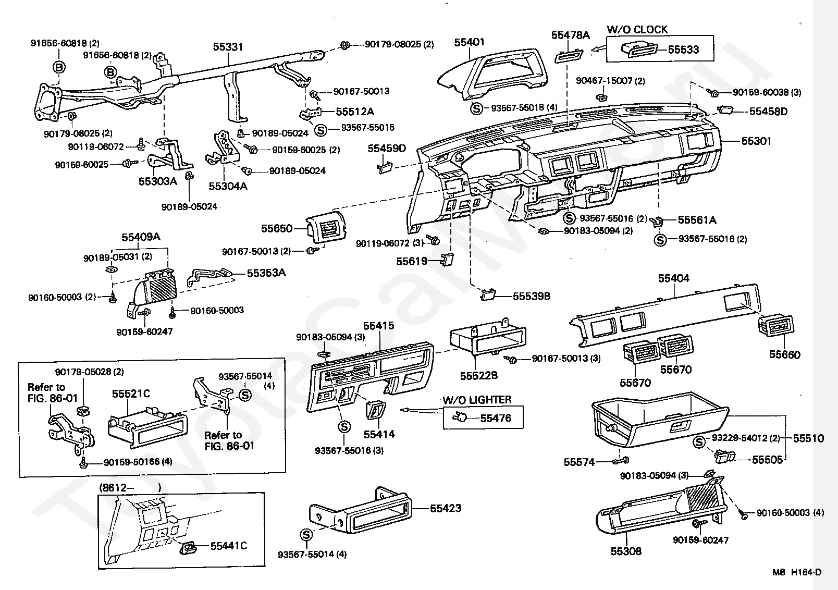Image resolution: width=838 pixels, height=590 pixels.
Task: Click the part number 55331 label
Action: click(x=228, y=47)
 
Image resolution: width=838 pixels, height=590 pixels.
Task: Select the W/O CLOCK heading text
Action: click(x=637, y=30)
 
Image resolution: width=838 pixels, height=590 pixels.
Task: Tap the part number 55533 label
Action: click(x=684, y=50)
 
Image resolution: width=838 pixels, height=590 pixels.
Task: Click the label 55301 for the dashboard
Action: click(x=757, y=141)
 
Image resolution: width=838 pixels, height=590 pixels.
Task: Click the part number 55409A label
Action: click(x=141, y=237)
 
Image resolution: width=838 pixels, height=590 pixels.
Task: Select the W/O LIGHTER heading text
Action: click(x=477, y=400)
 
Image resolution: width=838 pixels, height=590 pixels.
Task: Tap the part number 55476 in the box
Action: click(x=496, y=418)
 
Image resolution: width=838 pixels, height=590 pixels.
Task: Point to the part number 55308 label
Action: click(x=626, y=551)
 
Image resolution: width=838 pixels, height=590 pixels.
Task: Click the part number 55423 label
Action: click(x=446, y=508)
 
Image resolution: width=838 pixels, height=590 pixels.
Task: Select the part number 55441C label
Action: click(x=229, y=546)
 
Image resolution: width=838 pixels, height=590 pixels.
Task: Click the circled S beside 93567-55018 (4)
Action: click(x=476, y=109)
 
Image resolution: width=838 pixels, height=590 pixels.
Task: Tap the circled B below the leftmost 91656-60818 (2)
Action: click(x=59, y=67)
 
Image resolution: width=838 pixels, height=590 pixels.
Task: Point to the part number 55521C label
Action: click(x=131, y=394)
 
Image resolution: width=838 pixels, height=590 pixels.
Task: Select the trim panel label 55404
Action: click(x=674, y=278)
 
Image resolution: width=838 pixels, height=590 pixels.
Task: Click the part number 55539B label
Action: click(x=532, y=297)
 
